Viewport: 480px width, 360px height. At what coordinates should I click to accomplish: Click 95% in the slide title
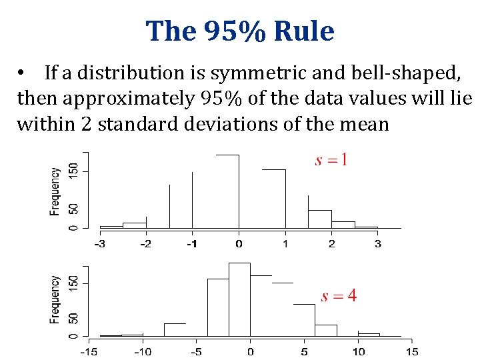pos(226,31)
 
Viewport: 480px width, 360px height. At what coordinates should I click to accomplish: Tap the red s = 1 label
pos(331,160)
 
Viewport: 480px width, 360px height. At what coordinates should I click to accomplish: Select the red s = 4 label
pos(339,296)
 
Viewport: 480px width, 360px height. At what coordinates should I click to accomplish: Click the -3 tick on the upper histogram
pos(99,244)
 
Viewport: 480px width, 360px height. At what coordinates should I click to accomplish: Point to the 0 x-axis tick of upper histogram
pos(239,244)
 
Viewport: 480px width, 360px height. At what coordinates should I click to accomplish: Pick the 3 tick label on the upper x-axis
pos(378,244)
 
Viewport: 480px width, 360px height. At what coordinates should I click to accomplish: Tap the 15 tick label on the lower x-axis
pos(412,351)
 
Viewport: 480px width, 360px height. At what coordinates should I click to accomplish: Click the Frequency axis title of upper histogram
pos(55,191)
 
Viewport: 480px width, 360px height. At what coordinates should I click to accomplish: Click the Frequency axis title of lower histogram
pos(55,300)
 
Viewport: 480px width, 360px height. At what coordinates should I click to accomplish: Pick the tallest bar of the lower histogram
pos(239,299)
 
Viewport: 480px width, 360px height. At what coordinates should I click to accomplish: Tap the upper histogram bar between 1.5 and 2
pos(319,219)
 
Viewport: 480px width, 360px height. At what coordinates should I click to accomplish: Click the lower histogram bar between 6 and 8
pos(325,330)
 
